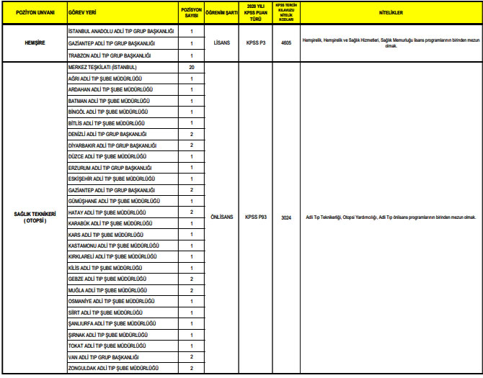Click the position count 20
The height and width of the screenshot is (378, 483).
coord(191,66)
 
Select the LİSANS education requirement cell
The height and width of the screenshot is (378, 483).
coord(222,43)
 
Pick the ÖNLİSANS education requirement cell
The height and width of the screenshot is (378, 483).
coord(222,217)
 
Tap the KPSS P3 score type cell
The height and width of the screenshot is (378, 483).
coord(256,43)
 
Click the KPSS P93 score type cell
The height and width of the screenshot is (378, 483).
coord(256,217)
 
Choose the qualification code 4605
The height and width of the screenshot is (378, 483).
coord(286,43)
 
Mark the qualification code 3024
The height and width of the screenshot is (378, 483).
coord(286,217)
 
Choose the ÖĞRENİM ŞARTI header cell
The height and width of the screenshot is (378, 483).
coord(222,13)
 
